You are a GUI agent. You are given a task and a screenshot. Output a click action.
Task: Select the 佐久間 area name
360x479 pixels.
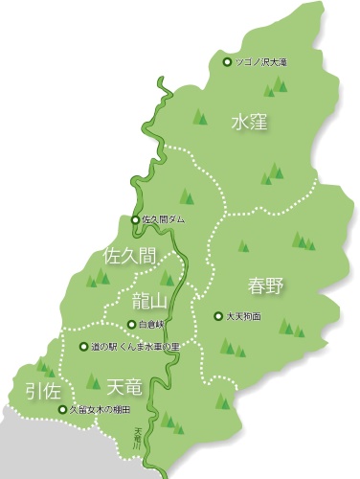pos(128,256)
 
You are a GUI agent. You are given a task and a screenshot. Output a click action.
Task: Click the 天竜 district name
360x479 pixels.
pos(126,388)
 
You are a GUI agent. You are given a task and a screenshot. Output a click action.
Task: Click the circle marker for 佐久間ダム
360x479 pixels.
pos(135,219)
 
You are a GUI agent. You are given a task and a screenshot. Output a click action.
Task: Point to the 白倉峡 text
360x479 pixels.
pos(154,324)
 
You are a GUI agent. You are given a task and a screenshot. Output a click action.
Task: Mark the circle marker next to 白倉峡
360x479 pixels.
pos(131,324)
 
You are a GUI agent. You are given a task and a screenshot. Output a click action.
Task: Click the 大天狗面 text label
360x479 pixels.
pos(244,315)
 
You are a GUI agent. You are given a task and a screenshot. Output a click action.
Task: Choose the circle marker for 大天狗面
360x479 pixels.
pos(217,315)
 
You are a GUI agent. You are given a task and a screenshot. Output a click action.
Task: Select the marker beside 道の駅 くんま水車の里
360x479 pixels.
pos(83,346)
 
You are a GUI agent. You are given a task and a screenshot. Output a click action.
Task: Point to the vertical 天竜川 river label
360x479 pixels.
pos(137,440)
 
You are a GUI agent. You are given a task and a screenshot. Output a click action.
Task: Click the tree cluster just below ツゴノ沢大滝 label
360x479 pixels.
pos(278,85)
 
